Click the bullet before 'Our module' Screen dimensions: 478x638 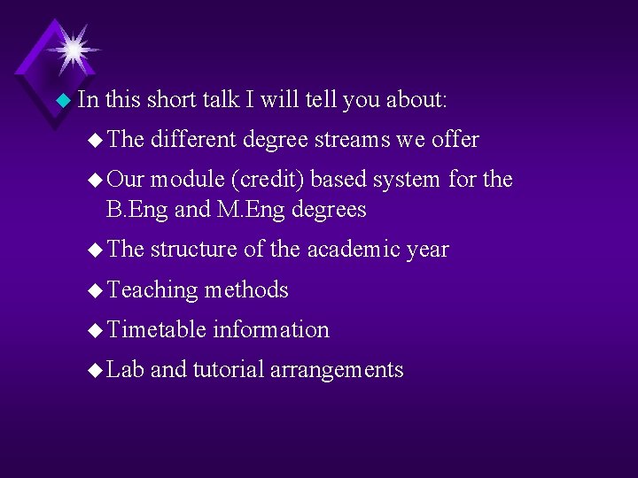96,181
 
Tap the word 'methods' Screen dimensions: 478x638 246,289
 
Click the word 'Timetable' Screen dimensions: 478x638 156,329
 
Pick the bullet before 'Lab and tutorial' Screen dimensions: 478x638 96,371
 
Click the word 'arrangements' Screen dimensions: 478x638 336,370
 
